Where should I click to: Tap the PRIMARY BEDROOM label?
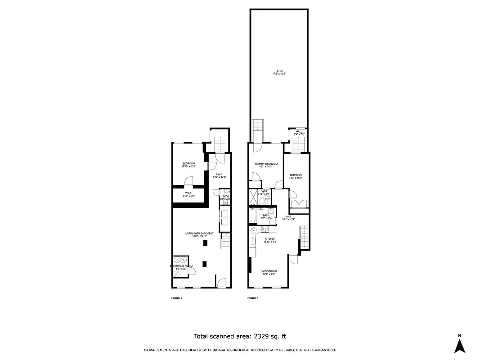(x=265, y=164)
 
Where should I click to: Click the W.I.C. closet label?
(x=188, y=193)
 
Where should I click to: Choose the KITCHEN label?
(x=270, y=238)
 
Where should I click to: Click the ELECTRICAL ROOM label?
(x=181, y=266)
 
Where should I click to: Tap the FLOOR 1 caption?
(x=176, y=298)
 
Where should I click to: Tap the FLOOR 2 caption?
(x=253, y=298)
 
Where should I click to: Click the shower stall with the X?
(x=253, y=196)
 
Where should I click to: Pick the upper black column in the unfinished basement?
(x=205, y=243)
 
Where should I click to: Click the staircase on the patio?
(x=258, y=130)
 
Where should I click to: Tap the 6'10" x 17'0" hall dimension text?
(x=219, y=177)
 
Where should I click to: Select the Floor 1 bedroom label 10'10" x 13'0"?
(x=188, y=166)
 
